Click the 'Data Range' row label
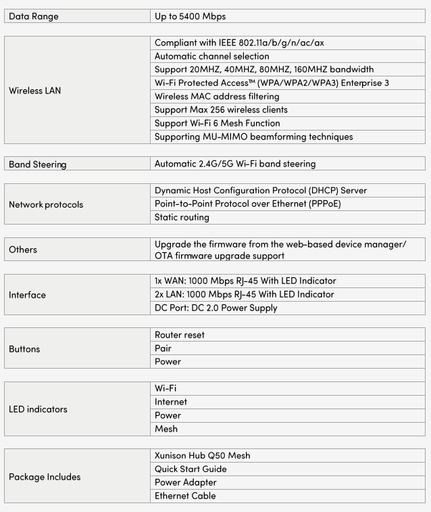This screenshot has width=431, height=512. pos(34,16)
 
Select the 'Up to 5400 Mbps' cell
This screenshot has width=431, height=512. pos(195,16)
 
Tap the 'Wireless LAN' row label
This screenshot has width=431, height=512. pos(35,90)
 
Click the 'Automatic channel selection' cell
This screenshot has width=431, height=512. pos(211,56)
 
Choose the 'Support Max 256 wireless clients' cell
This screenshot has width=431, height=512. pos(221,110)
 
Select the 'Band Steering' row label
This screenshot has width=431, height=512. pos(37,164)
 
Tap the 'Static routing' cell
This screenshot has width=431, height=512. pos(182,217)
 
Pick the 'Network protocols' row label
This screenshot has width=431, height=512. pos(46,204)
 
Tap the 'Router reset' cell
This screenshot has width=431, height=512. pos(179,335)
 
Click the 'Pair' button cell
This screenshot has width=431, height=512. pos(163,348)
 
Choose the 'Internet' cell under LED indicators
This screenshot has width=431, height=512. pos(171,402)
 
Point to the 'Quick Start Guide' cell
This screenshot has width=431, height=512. pos(191,469)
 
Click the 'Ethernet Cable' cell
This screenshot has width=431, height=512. pos(185,496)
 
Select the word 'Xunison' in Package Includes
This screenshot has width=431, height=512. pos(173,455)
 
